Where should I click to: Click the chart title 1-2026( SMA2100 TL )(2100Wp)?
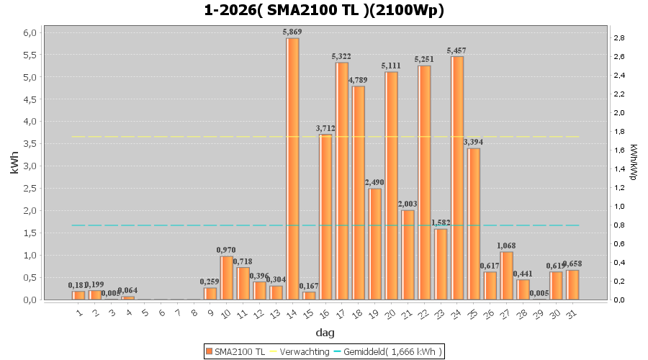(x=324, y=10)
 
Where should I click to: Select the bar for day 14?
(x=292, y=168)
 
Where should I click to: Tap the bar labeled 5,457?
(x=456, y=178)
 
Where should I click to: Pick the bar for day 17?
(x=341, y=181)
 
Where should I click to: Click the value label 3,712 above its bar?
(x=325, y=129)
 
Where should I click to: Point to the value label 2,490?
(x=374, y=182)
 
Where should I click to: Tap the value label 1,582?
(x=440, y=222)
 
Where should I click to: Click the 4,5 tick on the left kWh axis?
(x=28, y=100)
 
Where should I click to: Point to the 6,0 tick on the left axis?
(x=28, y=33)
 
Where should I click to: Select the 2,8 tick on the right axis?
(x=619, y=37)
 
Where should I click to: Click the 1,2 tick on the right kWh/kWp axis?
(x=619, y=187)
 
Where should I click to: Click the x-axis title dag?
(x=324, y=333)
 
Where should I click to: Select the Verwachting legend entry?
(x=302, y=351)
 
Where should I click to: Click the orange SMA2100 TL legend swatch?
(x=209, y=351)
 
